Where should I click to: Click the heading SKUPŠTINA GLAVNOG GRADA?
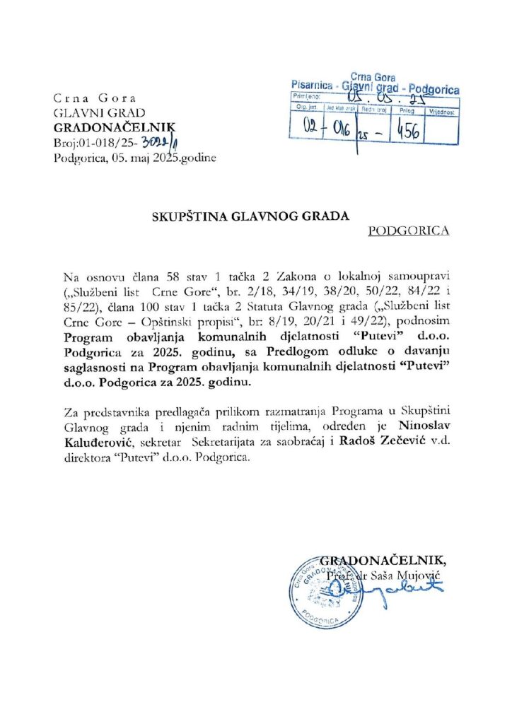coord(251,217)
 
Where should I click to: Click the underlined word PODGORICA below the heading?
coord(408,231)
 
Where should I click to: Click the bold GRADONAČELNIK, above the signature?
coord(385,562)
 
